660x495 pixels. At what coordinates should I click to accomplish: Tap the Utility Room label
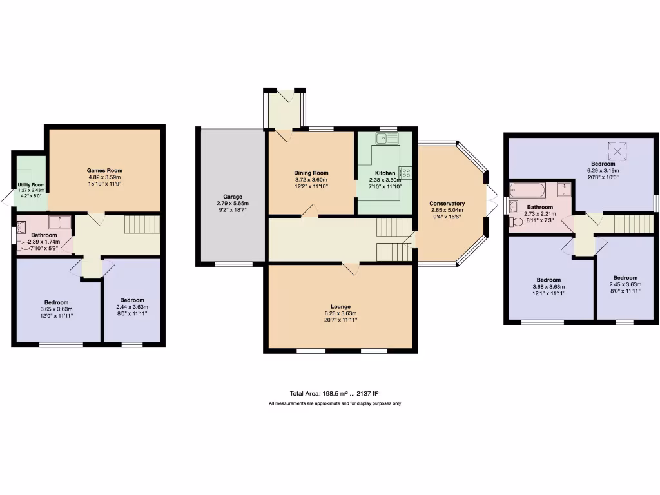[31, 184]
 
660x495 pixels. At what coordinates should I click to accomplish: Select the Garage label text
[233, 196]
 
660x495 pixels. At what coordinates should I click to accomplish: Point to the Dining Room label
[311, 173]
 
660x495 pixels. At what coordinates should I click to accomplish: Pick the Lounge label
[340, 306]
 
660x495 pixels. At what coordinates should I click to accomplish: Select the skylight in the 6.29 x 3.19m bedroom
[619, 150]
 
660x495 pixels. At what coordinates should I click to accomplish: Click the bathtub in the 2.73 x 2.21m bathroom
[528, 191]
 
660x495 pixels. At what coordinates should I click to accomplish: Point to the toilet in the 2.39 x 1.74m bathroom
[24, 245]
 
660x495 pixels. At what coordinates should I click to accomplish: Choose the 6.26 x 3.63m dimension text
[340, 313]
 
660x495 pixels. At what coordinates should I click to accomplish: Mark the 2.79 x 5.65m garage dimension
[233, 203]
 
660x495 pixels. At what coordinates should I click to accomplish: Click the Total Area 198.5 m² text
[334, 393]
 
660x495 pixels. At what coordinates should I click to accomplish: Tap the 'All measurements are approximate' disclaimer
[335, 403]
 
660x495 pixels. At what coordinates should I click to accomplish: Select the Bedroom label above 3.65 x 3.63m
[57, 302]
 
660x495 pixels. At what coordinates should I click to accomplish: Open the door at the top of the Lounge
[349, 268]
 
